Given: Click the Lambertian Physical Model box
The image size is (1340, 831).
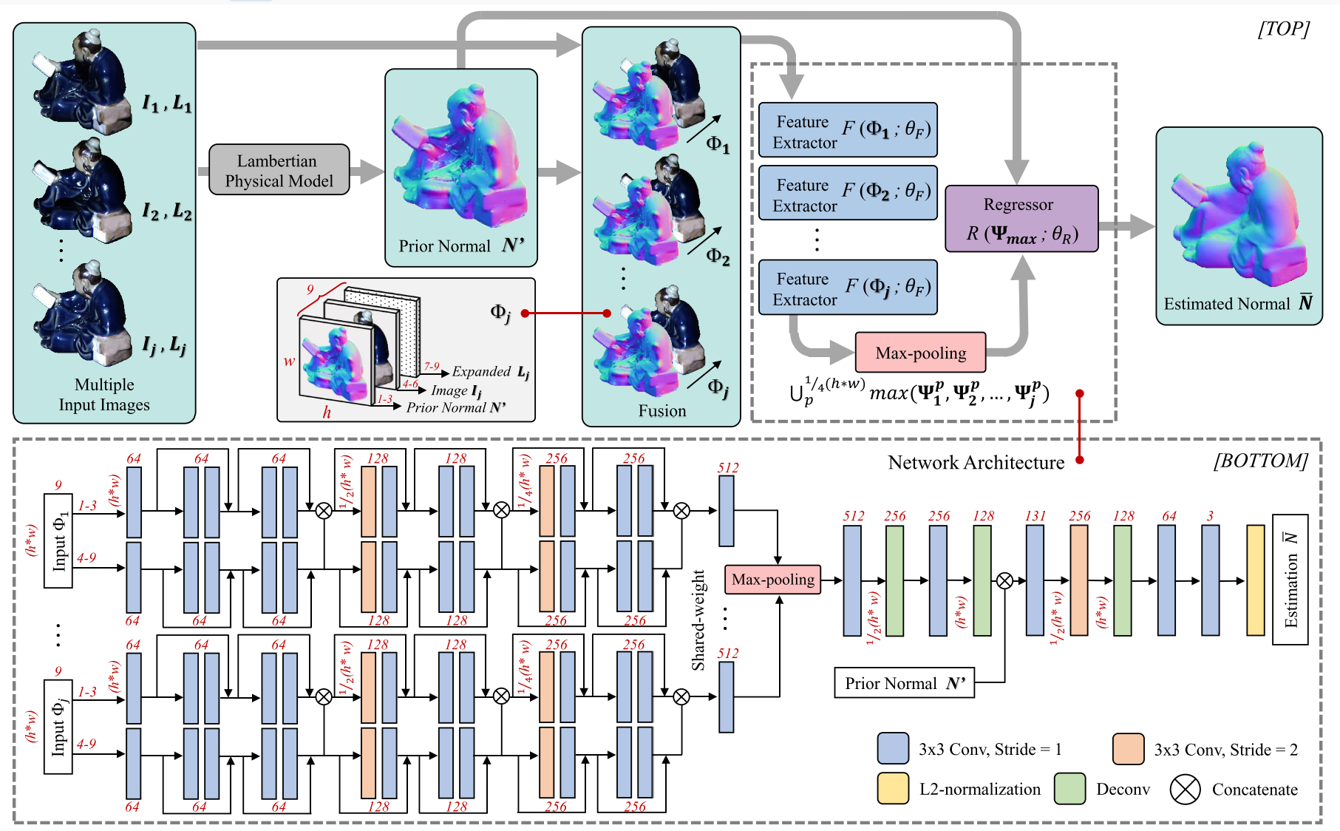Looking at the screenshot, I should (x=279, y=170).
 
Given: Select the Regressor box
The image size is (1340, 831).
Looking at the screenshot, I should (x=1021, y=219).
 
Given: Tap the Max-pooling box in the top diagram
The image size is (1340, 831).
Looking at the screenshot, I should (x=920, y=353).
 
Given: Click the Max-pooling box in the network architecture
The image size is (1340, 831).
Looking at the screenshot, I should (x=772, y=580).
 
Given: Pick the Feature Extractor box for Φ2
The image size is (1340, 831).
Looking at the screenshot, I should (x=848, y=193).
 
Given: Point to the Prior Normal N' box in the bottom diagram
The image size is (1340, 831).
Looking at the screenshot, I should (x=904, y=683).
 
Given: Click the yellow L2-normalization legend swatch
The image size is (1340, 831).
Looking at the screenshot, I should (x=893, y=789).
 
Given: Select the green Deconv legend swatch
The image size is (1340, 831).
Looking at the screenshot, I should (x=1069, y=789).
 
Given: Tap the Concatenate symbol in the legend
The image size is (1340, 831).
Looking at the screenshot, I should (x=1184, y=790).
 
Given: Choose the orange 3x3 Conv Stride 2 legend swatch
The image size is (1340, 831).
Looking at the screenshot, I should (x=1128, y=749).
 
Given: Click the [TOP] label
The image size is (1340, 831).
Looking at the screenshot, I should (x=1283, y=29).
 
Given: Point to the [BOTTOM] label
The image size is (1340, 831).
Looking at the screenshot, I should (x=1260, y=461).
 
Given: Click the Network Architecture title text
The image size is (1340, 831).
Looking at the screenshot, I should (x=976, y=463).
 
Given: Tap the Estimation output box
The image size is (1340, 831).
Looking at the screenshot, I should (x=1290, y=580).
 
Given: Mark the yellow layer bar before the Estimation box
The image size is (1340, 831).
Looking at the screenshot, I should (x=1255, y=580).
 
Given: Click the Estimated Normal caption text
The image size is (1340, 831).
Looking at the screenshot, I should (x=1227, y=304).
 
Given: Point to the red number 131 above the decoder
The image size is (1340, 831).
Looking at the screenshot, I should (x=1035, y=516).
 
